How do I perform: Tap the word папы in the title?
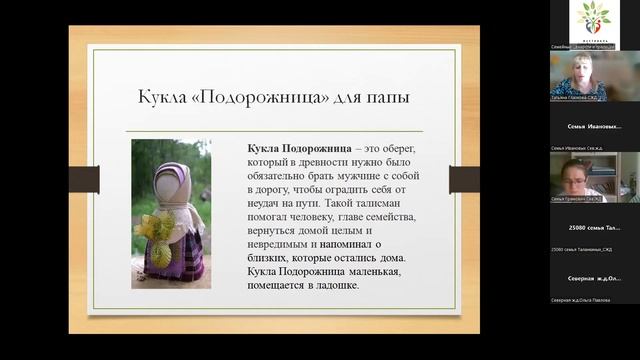click(386, 99)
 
